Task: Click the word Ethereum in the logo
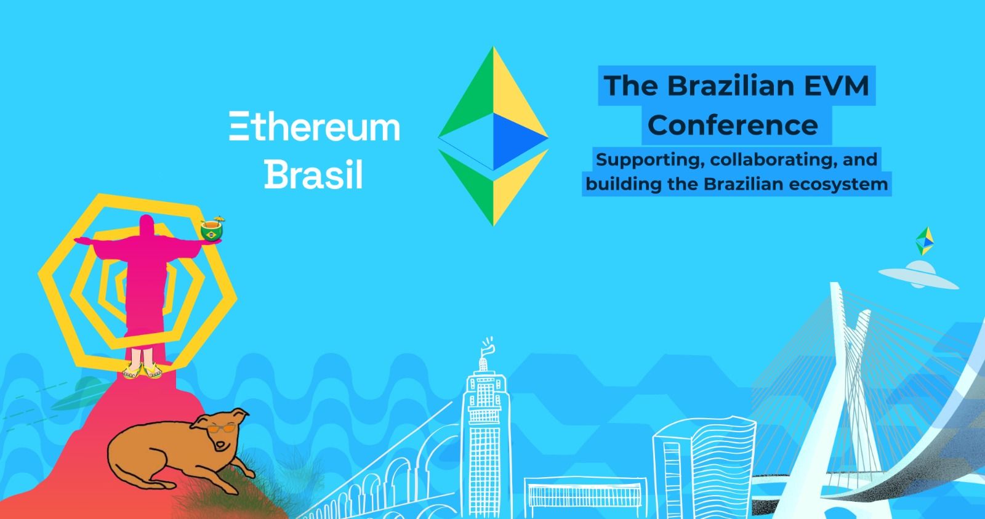[x=315, y=127]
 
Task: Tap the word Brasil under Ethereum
[x=313, y=175]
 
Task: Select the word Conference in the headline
[x=733, y=126]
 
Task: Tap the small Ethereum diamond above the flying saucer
[x=925, y=241]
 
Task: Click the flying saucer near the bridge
[x=919, y=275]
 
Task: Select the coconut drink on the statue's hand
[x=212, y=229]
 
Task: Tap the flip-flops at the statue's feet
[x=142, y=371]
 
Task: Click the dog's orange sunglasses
[x=221, y=428]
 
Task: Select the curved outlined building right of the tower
[x=704, y=466]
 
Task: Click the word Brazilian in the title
[x=731, y=86]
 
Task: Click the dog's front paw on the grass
[x=247, y=472]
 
